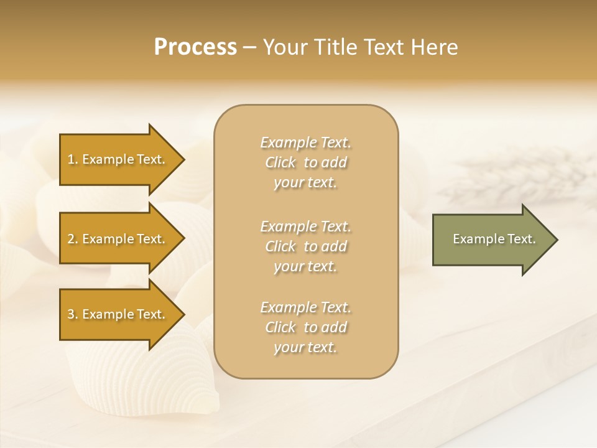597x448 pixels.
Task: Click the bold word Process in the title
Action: (x=195, y=47)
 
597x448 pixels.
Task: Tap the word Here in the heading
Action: (x=435, y=47)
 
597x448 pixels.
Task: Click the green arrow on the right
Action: (x=491, y=239)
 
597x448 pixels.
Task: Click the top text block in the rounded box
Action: (x=305, y=162)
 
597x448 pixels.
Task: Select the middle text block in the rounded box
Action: (x=305, y=246)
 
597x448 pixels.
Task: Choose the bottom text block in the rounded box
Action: (x=305, y=327)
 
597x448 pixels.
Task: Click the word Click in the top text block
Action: (x=280, y=162)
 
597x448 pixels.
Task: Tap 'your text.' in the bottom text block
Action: (x=305, y=347)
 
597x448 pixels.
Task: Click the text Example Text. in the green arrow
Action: (x=494, y=239)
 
